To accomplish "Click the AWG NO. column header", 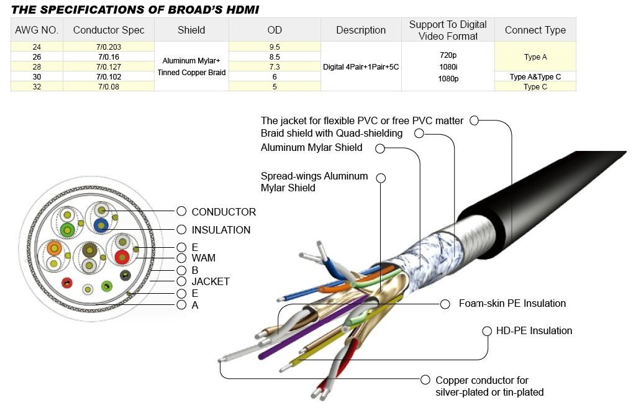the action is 37,30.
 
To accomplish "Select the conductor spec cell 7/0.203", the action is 109,47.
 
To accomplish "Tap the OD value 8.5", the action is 275,57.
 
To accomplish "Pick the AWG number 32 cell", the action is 37,86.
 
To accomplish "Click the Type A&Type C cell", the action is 535,76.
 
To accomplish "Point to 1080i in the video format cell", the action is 448,66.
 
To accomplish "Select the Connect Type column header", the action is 535,30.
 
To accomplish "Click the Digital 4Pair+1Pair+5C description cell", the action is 361,67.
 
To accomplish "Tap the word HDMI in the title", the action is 243,10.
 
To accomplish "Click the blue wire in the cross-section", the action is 101,225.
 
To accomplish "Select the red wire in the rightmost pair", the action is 122,257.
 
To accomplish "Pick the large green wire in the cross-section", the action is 67,230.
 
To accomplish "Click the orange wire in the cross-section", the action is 54,248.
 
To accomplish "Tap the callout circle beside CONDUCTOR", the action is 181,211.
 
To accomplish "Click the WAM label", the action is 203,258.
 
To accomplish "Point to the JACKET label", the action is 211,281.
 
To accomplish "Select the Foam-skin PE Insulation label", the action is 512,303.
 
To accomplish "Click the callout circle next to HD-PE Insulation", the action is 487,331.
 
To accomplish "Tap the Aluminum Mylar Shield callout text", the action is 311,148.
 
